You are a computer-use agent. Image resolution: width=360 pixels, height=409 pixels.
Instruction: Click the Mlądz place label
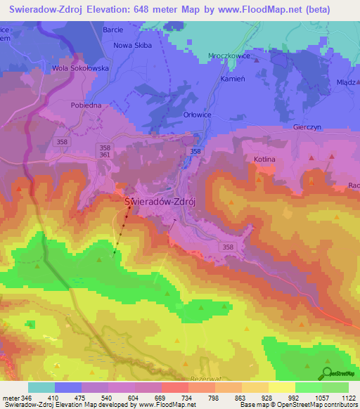pyautogui.click(x=345, y=82)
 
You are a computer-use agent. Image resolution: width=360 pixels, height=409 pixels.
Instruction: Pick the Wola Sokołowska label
pyautogui.click(x=79, y=69)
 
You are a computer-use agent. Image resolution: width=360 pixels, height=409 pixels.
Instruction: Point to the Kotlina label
pyautogui.click(x=264, y=160)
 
